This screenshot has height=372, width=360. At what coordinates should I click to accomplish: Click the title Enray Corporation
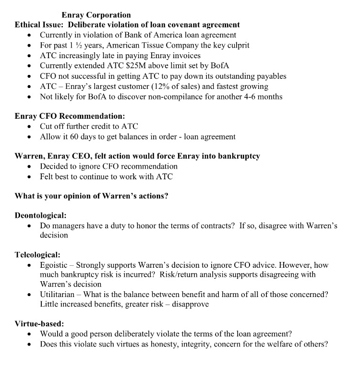[x=96, y=15]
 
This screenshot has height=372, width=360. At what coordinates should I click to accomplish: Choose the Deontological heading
[x=40, y=215]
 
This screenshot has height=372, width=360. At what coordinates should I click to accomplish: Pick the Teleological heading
[x=37, y=255]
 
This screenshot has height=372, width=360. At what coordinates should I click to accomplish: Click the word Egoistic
[x=54, y=265]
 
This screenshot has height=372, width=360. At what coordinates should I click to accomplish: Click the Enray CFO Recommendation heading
[x=70, y=116]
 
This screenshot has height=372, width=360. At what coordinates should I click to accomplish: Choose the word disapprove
[x=192, y=304]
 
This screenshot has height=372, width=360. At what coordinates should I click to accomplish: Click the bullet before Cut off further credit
[x=31, y=127]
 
